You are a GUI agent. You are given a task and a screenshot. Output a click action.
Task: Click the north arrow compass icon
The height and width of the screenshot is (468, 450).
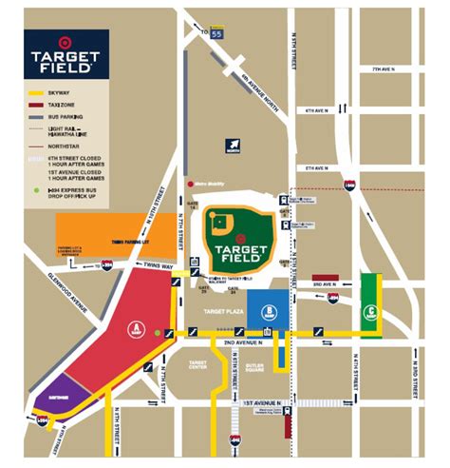click(x=232, y=145)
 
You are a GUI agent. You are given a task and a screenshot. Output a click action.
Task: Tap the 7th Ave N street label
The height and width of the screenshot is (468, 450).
click(x=384, y=68)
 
